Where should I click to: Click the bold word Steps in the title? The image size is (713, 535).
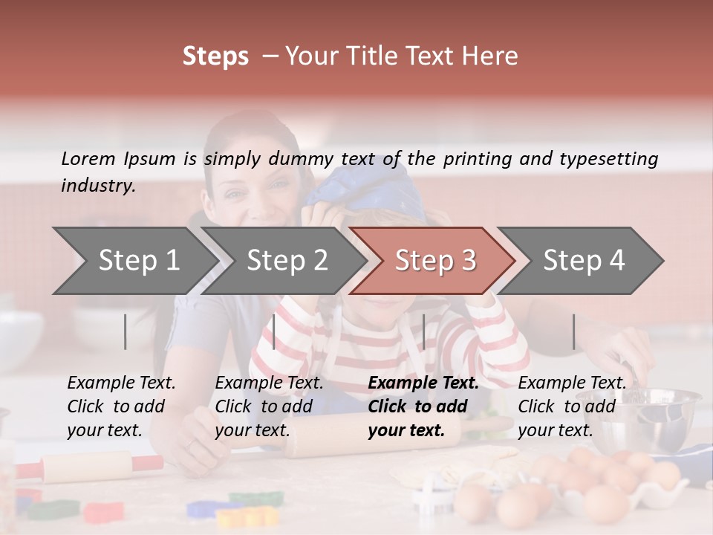pyautogui.click(x=215, y=56)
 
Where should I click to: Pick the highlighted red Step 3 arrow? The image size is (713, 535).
pyautogui.click(x=435, y=260)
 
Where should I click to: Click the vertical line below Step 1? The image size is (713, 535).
pyautogui.click(x=126, y=331)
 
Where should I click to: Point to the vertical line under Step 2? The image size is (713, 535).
pyautogui.click(x=274, y=331)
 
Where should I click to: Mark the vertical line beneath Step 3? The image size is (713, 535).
pyautogui.click(x=423, y=331)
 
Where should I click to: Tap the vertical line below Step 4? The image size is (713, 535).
pyautogui.click(x=573, y=331)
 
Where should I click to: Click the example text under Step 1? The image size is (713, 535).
pyautogui.click(x=121, y=406)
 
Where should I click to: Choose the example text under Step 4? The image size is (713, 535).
pyautogui.click(x=572, y=406)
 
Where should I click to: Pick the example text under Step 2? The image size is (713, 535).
pyautogui.click(x=269, y=406)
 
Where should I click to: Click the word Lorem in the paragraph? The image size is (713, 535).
pyautogui.click(x=88, y=158)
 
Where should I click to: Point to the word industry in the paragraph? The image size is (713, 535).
pyautogui.click(x=98, y=186)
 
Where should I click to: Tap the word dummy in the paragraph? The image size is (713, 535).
pyautogui.click(x=302, y=159)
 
